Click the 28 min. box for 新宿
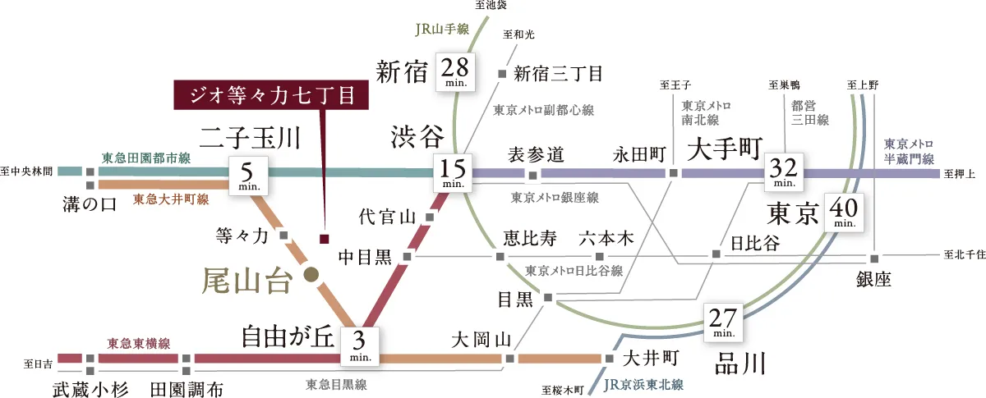[455, 70]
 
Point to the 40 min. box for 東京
[844, 212]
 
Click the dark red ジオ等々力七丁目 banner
[270, 95]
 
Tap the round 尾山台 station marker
[311, 276]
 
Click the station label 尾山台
[246, 282]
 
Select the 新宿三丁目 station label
[558, 74]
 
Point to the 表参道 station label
[535, 153]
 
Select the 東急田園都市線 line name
[146, 157]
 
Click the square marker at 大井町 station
[609, 359]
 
